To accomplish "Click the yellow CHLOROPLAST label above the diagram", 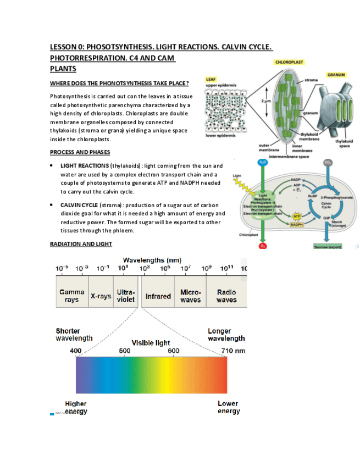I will pyautogui.click(x=289, y=62).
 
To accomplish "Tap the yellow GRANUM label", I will pyautogui.click(x=336, y=74).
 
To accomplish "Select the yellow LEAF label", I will pyautogui.click(x=210, y=79).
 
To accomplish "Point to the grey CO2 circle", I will pyautogui.click(x=328, y=163).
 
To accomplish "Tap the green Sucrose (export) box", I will pyautogui.click(x=328, y=247).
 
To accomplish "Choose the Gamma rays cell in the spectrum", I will pyautogui.click(x=71, y=296).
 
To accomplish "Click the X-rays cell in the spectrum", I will pyautogui.click(x=101, y=296).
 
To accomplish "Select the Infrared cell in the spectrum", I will pyautogui.click(x=158, y=296).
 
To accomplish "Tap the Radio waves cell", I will pyautogui.click(x=226, y=296).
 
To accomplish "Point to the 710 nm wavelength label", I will pyautogui.click(x=234, y=351).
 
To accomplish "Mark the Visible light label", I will pyautogui.click(x=150, y=342).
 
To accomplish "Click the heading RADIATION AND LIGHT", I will pyautogui.click(x=81, y=243).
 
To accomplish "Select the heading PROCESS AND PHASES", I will pyautogui.click(x=80, y=152).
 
